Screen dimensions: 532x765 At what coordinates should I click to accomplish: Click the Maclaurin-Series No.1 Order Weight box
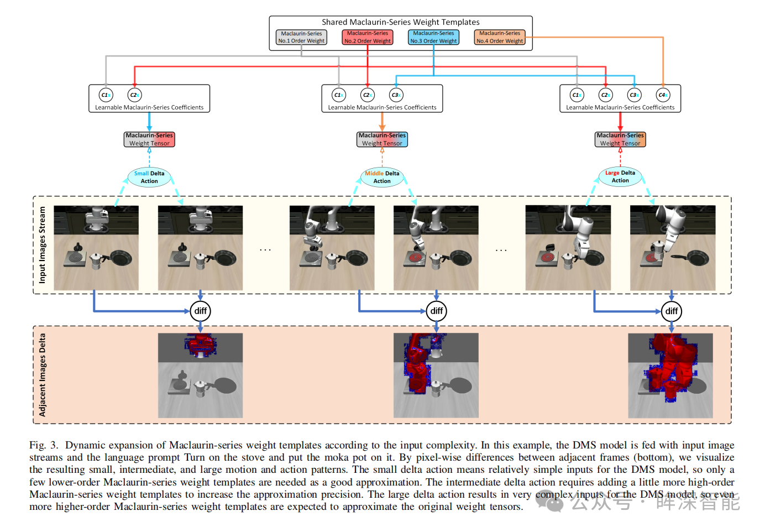[301, 37]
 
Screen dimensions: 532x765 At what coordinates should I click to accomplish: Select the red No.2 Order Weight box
[368, 37]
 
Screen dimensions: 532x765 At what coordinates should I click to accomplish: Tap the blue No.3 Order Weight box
[433, 37]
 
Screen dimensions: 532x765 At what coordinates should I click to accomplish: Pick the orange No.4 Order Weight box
[500, 37]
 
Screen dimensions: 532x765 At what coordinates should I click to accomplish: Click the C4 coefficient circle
[663, 95]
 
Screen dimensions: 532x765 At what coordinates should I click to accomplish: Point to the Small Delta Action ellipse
[149, 177]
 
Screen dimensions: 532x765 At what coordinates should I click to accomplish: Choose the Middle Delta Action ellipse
[382, 177]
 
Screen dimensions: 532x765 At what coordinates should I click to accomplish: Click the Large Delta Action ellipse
[620, 176]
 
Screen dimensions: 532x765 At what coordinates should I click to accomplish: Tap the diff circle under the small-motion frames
[200, 311]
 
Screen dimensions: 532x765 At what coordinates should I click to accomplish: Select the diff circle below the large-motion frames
[671, 311]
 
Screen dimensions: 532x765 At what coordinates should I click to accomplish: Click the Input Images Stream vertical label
[43, 245]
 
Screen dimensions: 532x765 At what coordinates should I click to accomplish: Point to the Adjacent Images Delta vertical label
[43, 374]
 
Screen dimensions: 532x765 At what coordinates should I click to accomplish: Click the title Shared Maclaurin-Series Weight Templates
[401, 22]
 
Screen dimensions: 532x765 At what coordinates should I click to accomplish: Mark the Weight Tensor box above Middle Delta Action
[382, 139]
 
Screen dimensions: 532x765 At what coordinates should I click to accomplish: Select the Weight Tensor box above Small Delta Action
[149, 139]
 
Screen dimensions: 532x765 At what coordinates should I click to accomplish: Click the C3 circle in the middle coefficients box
[396, 95]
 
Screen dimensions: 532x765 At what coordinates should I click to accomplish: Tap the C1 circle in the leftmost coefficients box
[106, 95]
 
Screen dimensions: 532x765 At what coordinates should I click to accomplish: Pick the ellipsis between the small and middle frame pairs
[265, 250]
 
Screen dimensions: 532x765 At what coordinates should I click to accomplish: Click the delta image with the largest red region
[670, 375]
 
